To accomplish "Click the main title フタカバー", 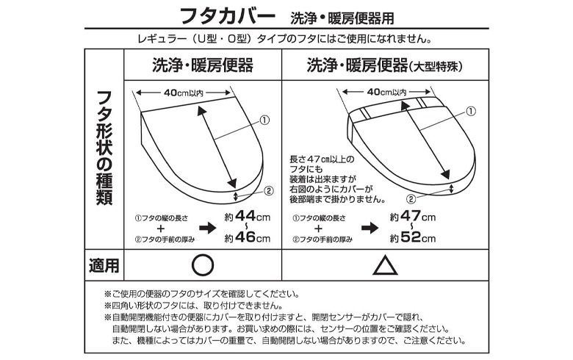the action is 227,15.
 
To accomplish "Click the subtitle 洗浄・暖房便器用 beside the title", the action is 342,18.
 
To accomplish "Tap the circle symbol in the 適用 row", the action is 203,265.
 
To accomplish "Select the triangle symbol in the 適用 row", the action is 385,265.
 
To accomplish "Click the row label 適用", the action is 104,265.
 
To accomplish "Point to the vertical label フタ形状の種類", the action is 104,148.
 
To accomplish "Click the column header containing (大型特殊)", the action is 385,65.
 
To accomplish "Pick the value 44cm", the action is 252,216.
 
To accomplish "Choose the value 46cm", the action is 252,237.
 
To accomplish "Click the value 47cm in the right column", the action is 418,216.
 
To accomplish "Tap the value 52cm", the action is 418,237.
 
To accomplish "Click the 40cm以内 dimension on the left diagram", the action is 184,93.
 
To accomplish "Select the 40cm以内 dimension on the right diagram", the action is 386,91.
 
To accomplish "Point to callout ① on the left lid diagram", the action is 264,120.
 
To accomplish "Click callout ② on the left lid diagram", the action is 269,190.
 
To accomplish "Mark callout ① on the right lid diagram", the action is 472,111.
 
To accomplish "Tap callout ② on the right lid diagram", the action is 411,199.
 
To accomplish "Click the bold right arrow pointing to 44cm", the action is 208,228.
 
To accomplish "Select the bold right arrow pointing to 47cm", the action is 370,228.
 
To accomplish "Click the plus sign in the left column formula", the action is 161,228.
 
